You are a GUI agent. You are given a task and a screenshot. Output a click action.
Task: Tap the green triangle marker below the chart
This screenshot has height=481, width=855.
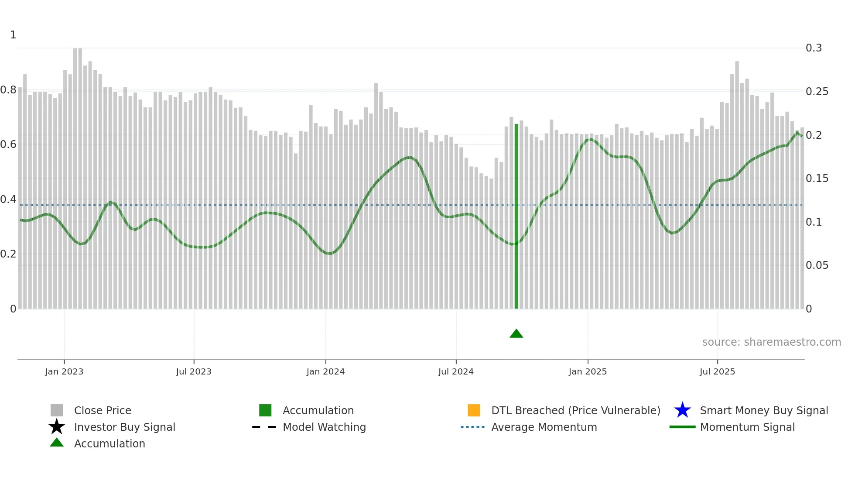(x=516, y=334)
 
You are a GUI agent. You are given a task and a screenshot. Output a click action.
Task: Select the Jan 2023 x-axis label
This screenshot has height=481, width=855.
(x=64, y=371)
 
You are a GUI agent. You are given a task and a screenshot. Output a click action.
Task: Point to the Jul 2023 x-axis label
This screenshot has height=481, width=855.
(x=194, y=371)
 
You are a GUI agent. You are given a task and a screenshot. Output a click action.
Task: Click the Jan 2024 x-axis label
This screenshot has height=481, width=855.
(x=325, y=371)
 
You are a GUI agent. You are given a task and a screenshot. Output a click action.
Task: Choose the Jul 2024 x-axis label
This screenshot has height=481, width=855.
(x=456, y=371)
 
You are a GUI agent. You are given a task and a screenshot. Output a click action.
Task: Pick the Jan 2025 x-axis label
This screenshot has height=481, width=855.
(x=588, y=371)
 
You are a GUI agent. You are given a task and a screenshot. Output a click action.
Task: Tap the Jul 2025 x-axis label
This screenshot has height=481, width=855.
(x=717, y=371)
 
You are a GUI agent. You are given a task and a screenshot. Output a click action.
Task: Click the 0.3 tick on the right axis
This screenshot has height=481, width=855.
(x=814, y=48)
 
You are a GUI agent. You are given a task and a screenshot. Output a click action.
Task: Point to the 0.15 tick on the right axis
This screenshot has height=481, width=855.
(x=817, y=179)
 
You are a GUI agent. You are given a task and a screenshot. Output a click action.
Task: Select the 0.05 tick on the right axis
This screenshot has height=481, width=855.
(x=817, y=265)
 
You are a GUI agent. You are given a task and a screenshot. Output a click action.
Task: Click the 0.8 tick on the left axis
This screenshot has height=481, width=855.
(x=8, y=90)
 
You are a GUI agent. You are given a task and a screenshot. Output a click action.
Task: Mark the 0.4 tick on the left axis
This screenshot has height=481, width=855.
(x=8, y=199)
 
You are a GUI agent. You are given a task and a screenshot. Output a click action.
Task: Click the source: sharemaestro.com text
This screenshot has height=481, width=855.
(x=771, y=342)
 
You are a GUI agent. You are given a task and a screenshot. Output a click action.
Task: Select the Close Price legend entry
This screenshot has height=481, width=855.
(x=103, y=410)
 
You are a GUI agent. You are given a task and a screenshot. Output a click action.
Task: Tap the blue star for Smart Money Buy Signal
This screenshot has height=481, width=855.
(x=682, y=410)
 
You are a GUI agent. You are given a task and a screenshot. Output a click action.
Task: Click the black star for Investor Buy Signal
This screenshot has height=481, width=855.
(x=57, y=427)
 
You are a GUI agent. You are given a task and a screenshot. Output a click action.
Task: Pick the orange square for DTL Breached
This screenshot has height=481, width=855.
(x=474, y=410)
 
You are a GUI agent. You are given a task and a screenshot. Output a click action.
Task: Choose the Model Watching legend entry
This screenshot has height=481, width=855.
(x=324, y=427)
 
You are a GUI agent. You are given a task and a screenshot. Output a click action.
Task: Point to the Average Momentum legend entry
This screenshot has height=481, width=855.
(x=544, y=427)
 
